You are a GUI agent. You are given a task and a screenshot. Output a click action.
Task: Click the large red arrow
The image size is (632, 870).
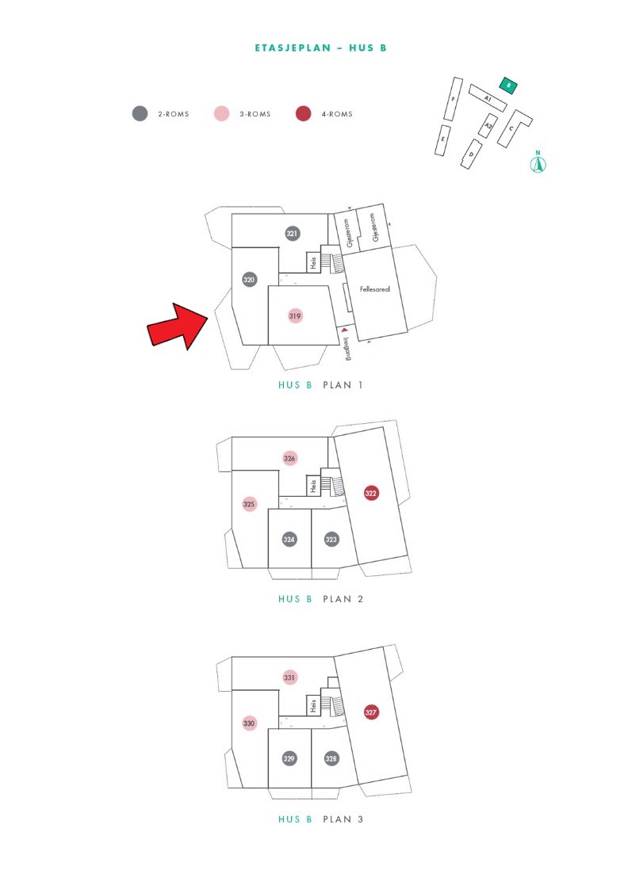[178, 326]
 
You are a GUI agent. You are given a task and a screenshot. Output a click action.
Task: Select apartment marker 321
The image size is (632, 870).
[292, 234]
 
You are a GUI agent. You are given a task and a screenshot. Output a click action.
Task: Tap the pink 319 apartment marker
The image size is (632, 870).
[295, 315]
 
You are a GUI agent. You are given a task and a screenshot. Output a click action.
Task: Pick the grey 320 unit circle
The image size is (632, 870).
[249, 280]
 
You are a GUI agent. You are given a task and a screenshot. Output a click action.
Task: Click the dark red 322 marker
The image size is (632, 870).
[370, 493]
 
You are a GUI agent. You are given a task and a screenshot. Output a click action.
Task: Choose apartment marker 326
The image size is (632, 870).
[289, 458]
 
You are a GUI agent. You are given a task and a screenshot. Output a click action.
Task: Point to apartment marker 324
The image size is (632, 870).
[289, 539]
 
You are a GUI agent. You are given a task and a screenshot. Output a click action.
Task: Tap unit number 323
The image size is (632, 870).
[331, 539]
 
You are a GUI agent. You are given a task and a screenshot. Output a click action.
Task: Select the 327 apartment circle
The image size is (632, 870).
[370, 712]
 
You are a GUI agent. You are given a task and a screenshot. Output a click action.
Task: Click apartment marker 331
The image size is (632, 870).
[289, 677]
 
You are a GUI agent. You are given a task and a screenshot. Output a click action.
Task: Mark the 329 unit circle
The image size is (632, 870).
[289, 758]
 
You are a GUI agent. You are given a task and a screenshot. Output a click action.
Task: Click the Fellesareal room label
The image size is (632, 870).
[375, 289]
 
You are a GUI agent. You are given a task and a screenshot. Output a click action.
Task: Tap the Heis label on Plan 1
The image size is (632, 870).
[313, 262]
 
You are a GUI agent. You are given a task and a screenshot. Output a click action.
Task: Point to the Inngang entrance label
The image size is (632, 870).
[347, 349]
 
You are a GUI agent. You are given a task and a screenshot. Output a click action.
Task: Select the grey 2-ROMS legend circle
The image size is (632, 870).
[140, 114]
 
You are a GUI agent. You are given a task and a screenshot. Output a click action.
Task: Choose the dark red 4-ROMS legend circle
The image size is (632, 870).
[303, 114]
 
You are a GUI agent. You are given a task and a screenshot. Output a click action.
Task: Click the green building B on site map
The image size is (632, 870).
[508, 86]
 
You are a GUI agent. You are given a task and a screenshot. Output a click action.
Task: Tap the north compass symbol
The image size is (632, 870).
[538, 163]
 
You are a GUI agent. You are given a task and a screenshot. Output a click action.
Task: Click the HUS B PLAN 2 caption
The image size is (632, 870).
[320, 599]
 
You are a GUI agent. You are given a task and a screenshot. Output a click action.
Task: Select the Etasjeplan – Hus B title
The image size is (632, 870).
[320, 48]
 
